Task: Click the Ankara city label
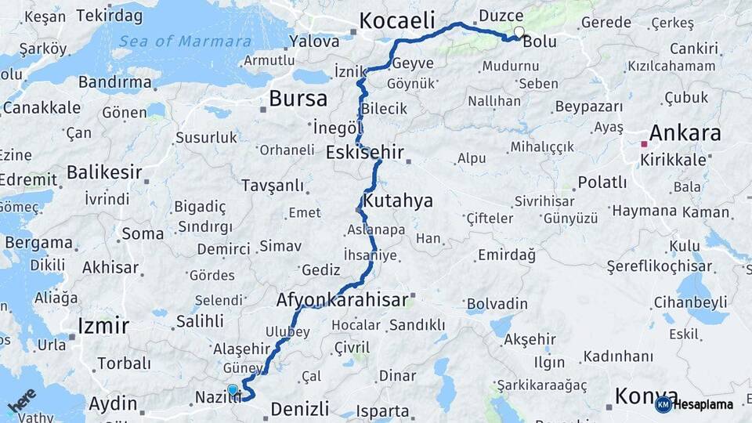(x=685, y=133)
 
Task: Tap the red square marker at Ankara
(x=644, y=144)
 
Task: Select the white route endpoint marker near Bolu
(x=519, y=32)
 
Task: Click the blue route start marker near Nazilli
(x=232, y=389)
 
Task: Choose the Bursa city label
(x=298, y=99)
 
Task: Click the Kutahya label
(x=399, y=201)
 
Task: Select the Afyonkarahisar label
(x=342, y=299)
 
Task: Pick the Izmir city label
(x=103, y=324)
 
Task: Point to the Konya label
(x=646, y=396)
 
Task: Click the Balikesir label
(x=104, y=172)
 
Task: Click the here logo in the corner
(x=22, y=400)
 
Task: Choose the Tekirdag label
(x=110, y=16)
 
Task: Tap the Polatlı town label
(x=602, y=183)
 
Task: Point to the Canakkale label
(x=42, y=107)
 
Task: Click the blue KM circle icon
(x=663, y=405)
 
